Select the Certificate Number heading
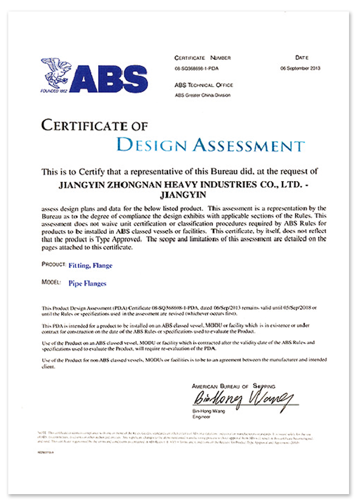point(203,58)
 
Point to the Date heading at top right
point(302,57)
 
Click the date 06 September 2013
point(300,69)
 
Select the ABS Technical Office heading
point(204,85)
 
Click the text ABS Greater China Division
point(203,95)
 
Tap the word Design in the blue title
point(152,145)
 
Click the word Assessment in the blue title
point(248,145)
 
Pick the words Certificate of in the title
point(94,126)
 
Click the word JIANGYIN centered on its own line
point(179,194)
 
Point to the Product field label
point(53,265)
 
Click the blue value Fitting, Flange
point(91,266)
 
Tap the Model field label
point(51,283)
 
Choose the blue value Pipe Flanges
point(87,284)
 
